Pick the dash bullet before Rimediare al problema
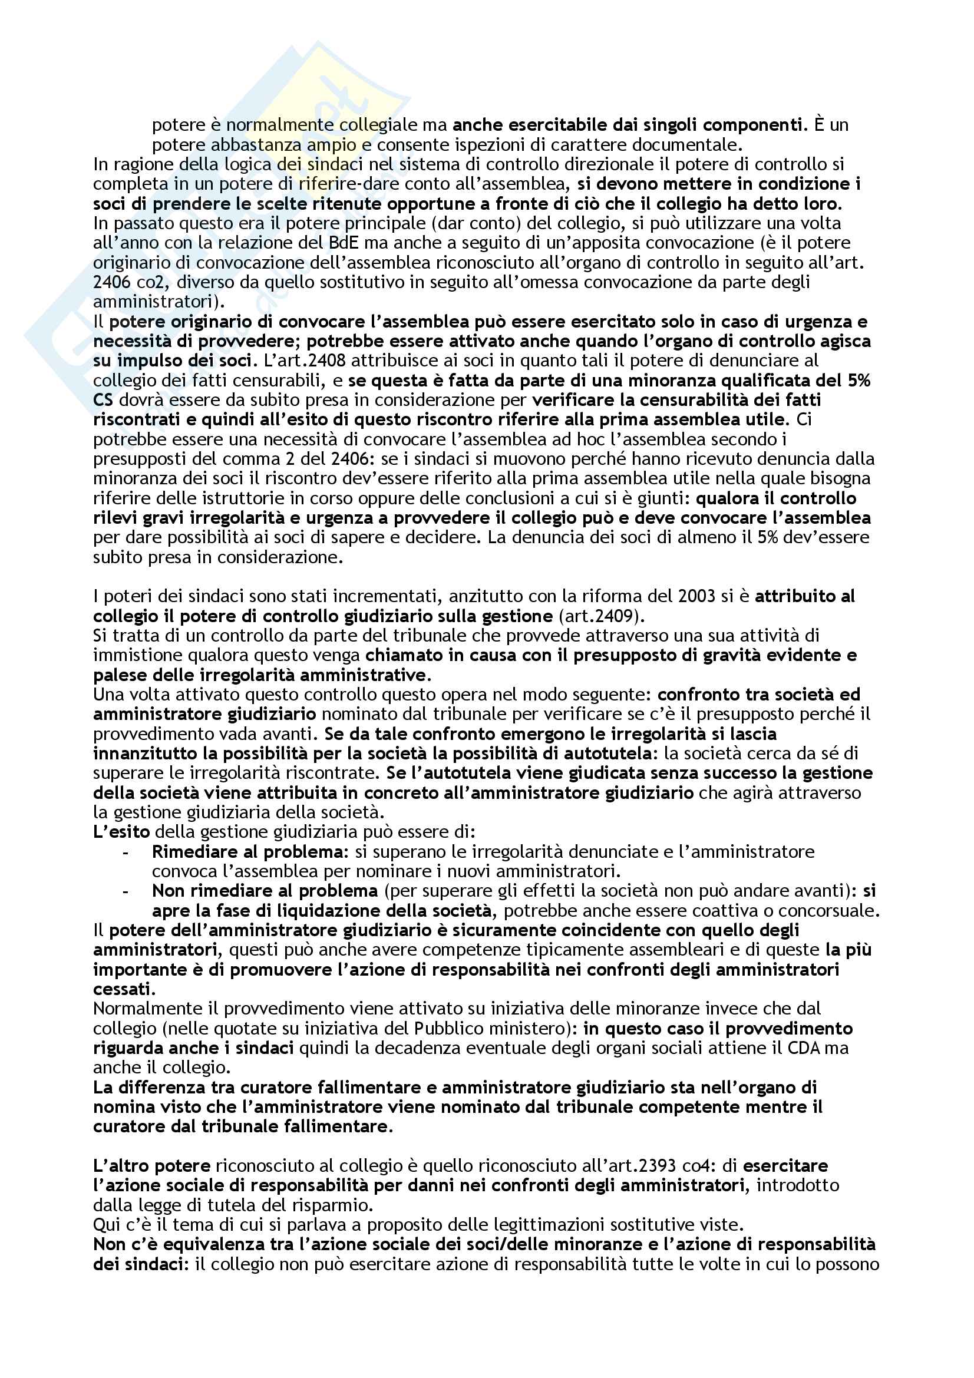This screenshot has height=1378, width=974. click(x=125, y=852)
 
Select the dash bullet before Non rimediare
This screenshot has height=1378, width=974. click(x=125, y=891)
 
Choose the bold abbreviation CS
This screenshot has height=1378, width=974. click(x=103, y=399)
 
